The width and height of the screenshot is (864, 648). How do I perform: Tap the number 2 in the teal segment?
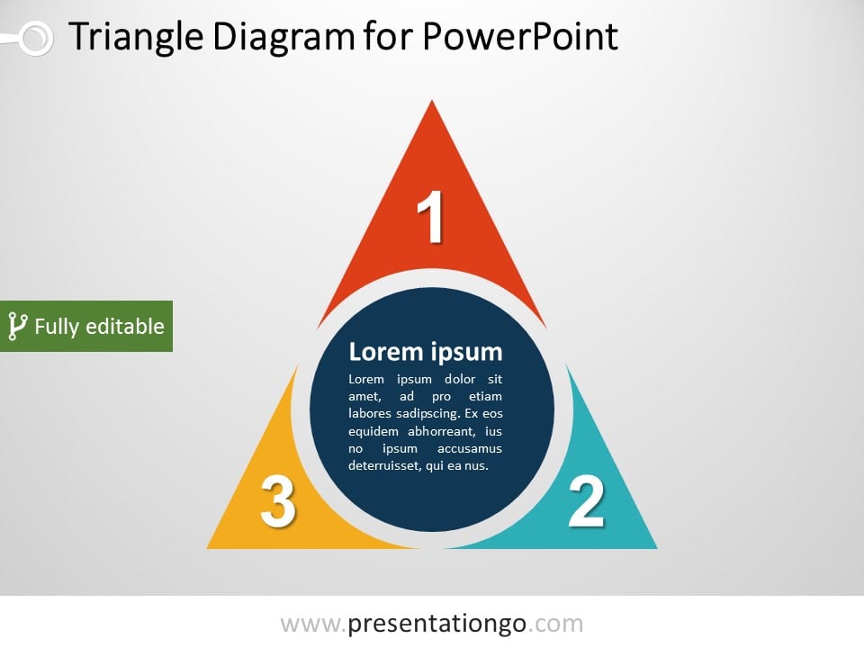coord(586,501)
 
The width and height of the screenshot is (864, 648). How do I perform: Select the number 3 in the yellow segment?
coord(277,501)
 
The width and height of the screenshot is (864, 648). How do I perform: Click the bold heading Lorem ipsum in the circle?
coord(425,351)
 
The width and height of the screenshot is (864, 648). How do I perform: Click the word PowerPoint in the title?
coord(519,38)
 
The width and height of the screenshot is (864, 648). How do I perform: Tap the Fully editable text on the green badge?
coord(99,326)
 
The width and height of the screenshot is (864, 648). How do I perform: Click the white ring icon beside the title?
coord(34,38)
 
